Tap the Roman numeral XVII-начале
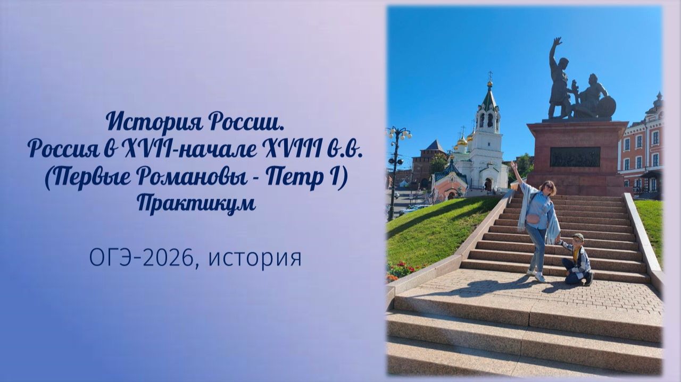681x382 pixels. [186, 149]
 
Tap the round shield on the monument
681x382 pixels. [606, 106]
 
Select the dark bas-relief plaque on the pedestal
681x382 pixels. [575, 157]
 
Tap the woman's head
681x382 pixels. [548, 188]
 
